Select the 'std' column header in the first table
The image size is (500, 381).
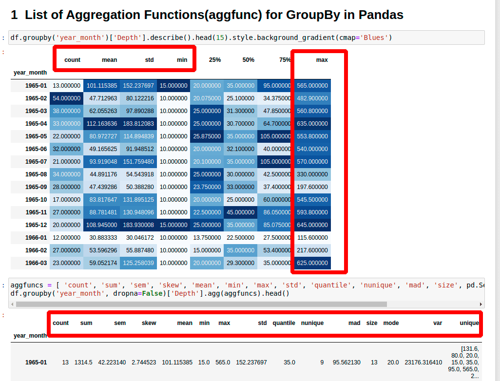(x=149, y=60)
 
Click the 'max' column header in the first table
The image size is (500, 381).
(x=322, y=60)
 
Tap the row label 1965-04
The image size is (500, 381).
(x=36, y=124)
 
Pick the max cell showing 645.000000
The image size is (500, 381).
(x=312, y=225)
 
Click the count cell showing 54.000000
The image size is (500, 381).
(x=66, y=98)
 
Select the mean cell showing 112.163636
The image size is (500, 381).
(x=102, y=124)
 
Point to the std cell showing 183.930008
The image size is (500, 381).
(x=138, y=225)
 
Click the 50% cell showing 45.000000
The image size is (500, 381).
(x=240, y=212)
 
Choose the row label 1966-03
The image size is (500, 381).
(x=36, y=263)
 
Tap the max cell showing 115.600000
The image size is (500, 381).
(x=312, y=238)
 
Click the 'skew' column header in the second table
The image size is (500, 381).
(x=149, y=323)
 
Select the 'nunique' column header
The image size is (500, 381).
(x=312, y=323)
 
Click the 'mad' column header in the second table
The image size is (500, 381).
(x=354, y=323)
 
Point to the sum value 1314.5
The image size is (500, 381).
(x=83, y=362)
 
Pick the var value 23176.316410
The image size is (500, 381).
(x=423, y=362)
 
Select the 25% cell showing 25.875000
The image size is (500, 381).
(x=207, y=136)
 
